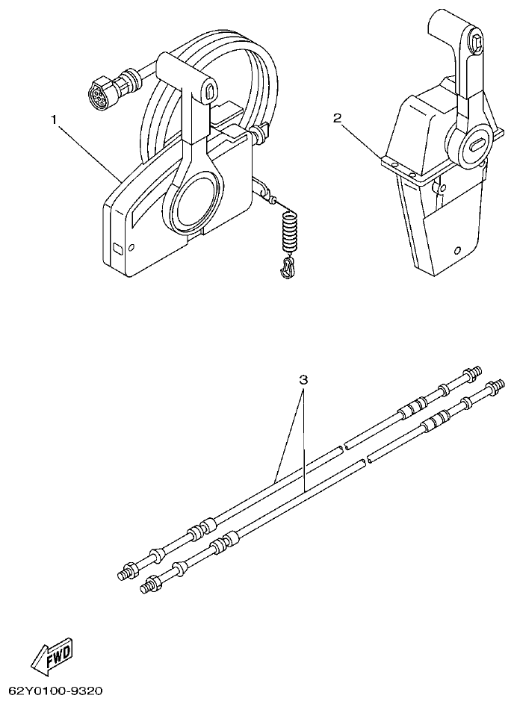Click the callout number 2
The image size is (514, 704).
(x=338, y=118)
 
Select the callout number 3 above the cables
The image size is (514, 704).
(x=303, y=379)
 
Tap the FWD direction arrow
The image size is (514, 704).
(x=52, y=655)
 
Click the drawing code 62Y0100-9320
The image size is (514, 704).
(x=56, y=692)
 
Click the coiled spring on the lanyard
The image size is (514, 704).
(x=289, y=231)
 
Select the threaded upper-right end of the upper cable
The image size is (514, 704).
(x=473, y=371)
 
